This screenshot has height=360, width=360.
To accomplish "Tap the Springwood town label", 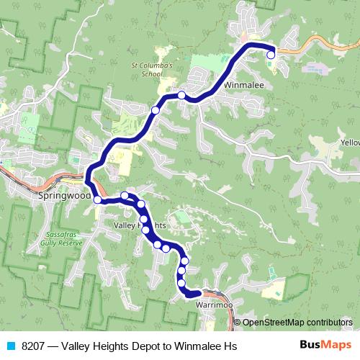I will tap(64, 195).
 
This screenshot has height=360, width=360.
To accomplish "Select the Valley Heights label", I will tap(140, 225).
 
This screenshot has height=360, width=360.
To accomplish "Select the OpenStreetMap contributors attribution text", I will tap(297, 323).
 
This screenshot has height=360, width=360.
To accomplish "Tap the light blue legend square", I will tap(10, 346).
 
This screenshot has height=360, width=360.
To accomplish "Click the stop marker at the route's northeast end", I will tap(271, 55).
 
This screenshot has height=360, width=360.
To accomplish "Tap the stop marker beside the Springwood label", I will tap(97, 199).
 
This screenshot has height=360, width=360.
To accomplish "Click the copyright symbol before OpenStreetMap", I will tap(238, 323).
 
